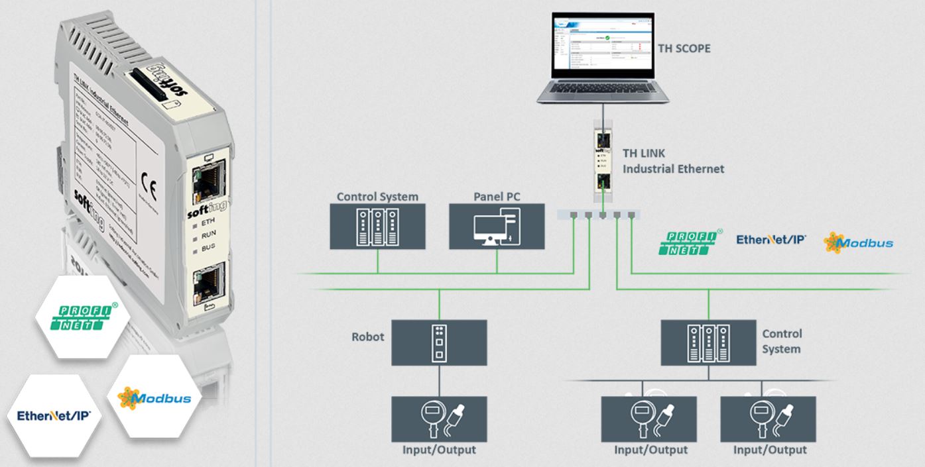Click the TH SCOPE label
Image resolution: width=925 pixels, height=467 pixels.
(x=683, y=48)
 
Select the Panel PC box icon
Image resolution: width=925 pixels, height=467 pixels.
(x=497, y=227)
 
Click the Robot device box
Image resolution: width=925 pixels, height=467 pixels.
(x=439, y=342)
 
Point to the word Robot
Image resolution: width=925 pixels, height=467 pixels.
(x=368, y=337)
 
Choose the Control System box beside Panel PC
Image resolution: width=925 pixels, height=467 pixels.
(x=377, y=227)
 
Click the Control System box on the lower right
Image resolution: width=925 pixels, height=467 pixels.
(x=709, y=342)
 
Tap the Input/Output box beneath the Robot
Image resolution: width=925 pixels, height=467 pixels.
(x=439, y=418)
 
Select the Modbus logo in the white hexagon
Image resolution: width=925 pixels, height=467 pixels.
(x=154, y=398)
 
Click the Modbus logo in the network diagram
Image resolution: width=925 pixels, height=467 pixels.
(x=858, y=243)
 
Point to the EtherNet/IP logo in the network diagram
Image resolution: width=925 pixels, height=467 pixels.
(x=771, y=239)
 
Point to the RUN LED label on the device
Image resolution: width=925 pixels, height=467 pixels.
(x=208, y=234)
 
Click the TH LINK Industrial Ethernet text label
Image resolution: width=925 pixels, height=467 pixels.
(x=672, y=161)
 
